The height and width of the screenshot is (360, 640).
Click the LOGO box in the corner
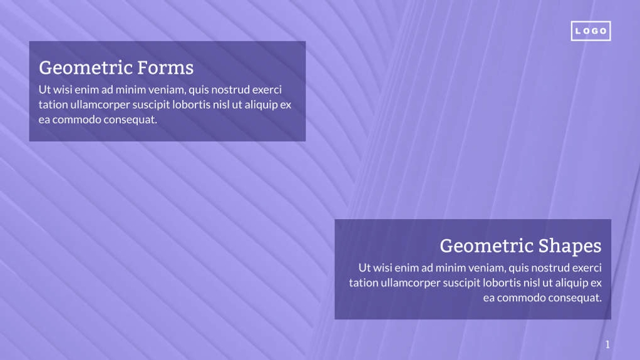click(591, 31)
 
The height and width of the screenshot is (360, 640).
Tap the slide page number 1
click(607, 344)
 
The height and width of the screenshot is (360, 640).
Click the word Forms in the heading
click(165, 67)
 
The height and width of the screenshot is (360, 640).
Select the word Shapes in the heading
click(570, 245)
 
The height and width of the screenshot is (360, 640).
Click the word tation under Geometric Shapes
click(363, 282)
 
